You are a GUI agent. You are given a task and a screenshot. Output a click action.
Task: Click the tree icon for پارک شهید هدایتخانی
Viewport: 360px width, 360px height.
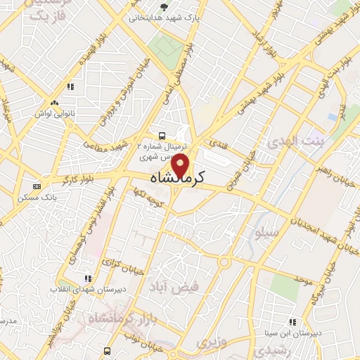165,8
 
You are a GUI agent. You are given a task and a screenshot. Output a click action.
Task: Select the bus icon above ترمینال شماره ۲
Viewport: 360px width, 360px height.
162,135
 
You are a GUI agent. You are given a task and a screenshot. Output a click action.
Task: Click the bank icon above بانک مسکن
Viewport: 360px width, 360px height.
36,187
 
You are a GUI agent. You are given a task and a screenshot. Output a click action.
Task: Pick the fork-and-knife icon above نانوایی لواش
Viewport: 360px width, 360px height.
70,87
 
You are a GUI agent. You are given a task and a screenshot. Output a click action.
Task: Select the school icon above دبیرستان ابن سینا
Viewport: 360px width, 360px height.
291,322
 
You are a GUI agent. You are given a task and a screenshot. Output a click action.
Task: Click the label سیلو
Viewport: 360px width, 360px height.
269,231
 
